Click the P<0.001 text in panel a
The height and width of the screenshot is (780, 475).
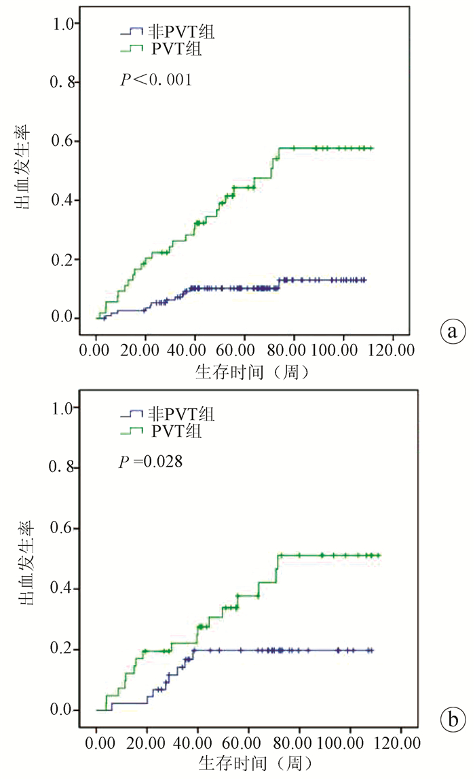click(x=155, y=80)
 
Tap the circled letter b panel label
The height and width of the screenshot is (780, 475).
click(x=452, y=716)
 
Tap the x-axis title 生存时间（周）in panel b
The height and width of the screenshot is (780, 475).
click(x=253, y=763)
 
